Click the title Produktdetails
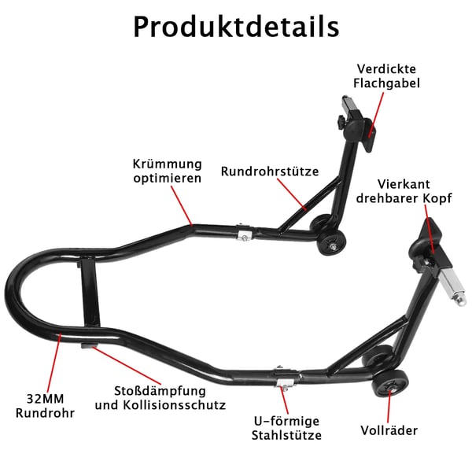(x=236, y=27)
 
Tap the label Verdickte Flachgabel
(x=386, y=76)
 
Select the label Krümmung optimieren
(x=168, y=171)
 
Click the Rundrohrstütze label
(x=270, y=171)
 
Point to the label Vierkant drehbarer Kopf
(x=404, y=191)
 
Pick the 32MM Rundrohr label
(x=45, y=406)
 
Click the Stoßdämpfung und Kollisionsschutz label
(x=160, y=397)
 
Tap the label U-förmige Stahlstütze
(x=286, y=428)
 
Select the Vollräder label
(x=389, y=430)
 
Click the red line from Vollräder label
(x=389, y=407)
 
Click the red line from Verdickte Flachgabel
(x=377, y=115)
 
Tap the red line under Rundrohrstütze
(x=292, y=194)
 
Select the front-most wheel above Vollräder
(x=390, y=384)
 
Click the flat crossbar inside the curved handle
(x=90, y=293)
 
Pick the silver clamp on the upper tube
(x=245, y=233)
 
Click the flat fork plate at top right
(x=371, y=135)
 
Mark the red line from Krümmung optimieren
(x=182, y=205)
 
